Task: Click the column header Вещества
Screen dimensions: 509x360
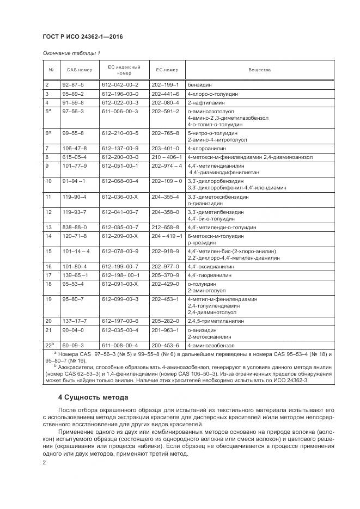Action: click(259, 70)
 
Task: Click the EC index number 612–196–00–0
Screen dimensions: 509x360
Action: click(120, 94)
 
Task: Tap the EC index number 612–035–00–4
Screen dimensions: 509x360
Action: click(120, 330)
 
